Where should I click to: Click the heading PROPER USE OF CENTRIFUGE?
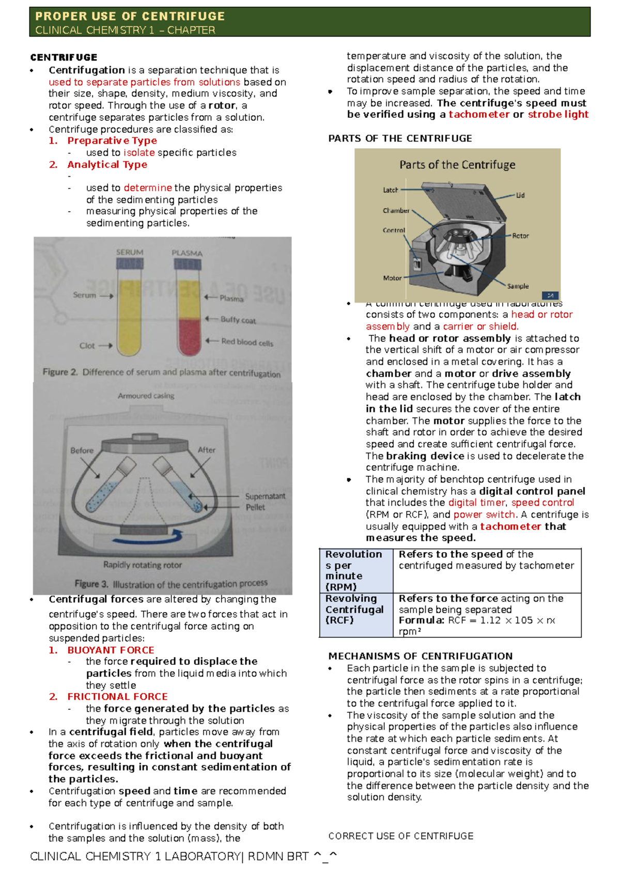click(x=130, y=16)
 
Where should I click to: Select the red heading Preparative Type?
click(x=112, y=140)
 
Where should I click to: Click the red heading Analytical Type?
click(x=107, y=164)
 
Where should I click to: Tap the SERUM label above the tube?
click(x=130, y=252)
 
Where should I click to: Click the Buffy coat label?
click(x=238, y=320)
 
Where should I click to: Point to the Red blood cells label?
click(x=247, y=341)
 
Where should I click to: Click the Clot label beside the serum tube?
click(x=87, y=346)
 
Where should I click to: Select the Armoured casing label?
click(x=146, y=396)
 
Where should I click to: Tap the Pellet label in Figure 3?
click(x=255, y=507)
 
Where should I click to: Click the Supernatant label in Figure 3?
click(x=265, y=496)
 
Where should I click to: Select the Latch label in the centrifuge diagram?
click(x=390, y=190)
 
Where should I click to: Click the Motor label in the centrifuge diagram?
click(x=392, y=278)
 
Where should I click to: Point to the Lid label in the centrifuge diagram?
click(x=520, y=195)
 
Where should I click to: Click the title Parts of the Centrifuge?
click(x=457, y=165)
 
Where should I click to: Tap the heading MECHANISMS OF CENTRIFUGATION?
click(x=420, y=656)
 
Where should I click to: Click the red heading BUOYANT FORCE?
click(x=111, y=650)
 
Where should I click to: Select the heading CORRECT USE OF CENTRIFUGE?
click(x=400, y=836)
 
